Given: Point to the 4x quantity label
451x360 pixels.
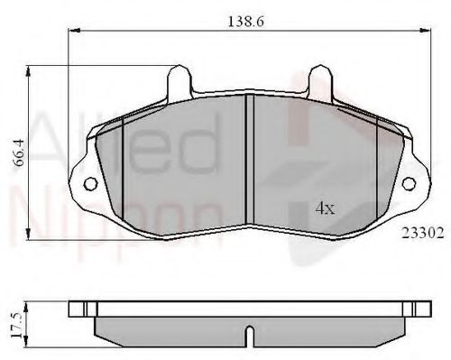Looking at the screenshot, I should (325, 208).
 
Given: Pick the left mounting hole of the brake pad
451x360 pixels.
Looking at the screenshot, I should (91, 186).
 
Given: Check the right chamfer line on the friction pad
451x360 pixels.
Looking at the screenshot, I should (377, 171).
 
